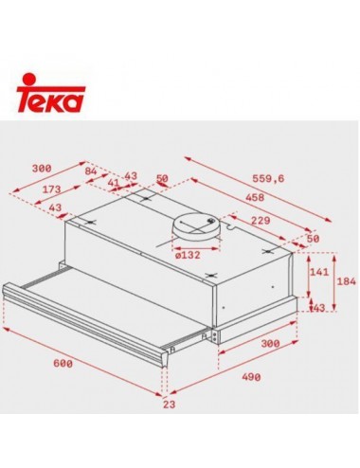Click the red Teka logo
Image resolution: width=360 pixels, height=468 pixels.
click(x=50, y=93)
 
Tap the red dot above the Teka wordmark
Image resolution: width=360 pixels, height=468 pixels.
click(x=29, y=80)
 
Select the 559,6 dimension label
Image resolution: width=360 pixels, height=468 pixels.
click(x=268, y=179)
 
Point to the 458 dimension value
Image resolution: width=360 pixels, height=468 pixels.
click(x=255, y=197)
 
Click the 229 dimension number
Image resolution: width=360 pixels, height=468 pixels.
click(x=261, y=220)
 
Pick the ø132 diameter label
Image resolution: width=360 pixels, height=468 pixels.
click(x=188, y=255)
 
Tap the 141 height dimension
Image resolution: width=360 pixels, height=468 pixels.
click(x=318, y=272)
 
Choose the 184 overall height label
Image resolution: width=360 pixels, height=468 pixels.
click(x=347, y=281)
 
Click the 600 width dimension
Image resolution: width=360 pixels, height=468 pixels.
click(x=63, y=364)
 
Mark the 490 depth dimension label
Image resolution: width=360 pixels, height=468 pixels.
click(x=251, y=377)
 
